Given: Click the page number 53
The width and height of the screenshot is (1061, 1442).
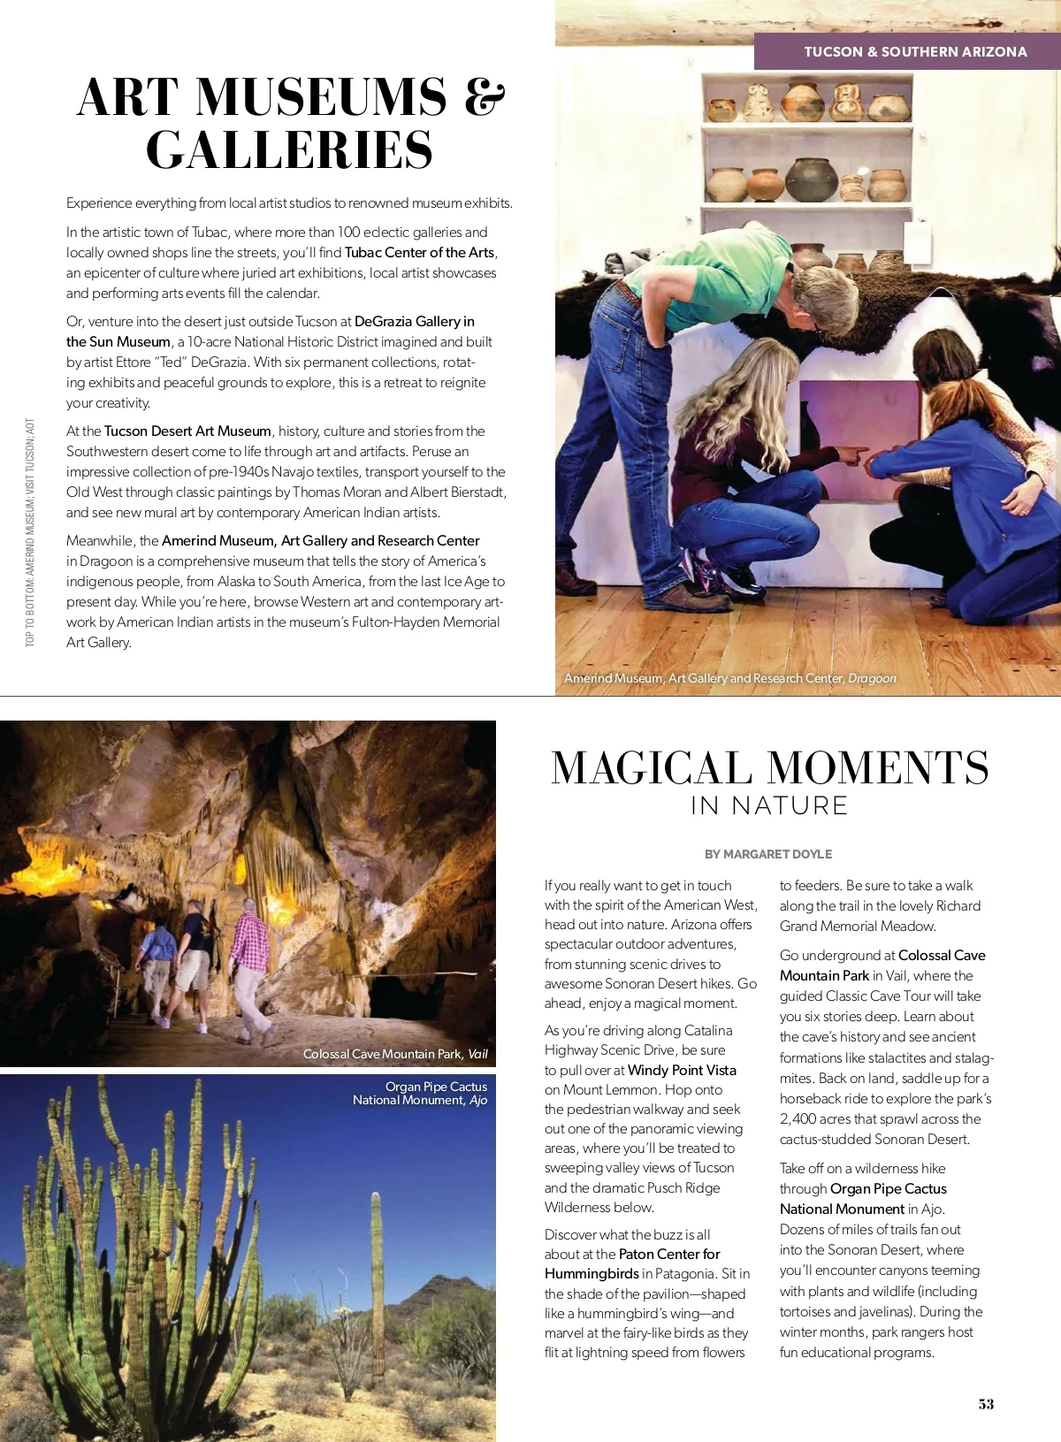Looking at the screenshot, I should [986, 1404].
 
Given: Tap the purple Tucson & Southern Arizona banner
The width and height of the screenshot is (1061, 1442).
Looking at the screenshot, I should [914, 52].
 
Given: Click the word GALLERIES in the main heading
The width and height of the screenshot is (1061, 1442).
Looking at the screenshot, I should [290, 150].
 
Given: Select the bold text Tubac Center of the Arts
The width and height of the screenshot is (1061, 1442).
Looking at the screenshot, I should [419, 253].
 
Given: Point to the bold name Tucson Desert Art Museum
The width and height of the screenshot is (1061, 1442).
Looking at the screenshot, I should [187, 431].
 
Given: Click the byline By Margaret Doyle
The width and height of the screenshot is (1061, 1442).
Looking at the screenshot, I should [768, 854].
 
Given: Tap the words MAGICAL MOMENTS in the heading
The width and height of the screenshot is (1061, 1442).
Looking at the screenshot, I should [769, 767].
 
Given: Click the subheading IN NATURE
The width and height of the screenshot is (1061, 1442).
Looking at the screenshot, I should [769, 805].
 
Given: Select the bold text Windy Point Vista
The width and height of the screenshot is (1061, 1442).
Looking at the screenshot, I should [682, 1070].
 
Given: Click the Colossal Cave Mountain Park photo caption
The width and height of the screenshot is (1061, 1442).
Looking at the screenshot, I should [395, 1054].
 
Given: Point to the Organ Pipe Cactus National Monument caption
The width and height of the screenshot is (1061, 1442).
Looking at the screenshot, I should [421, 1094].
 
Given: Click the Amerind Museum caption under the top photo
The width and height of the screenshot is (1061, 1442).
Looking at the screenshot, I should [730, 678].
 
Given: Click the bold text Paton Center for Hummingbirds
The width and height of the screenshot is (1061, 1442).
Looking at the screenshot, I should [632, 1264].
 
